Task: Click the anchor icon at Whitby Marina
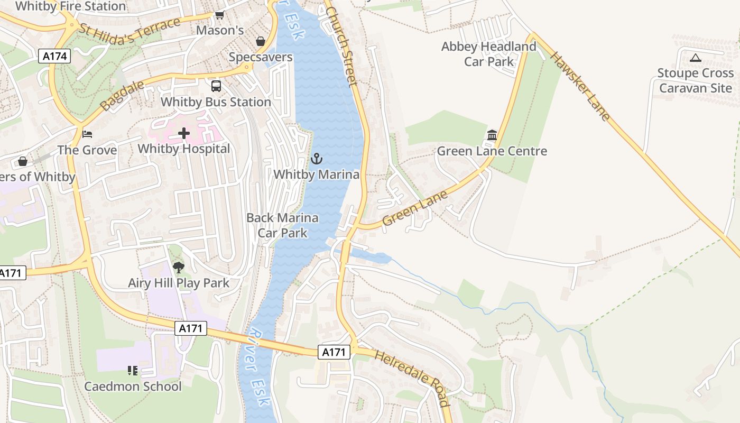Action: tap(316, 158)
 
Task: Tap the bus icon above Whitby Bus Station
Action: tap(216, 86)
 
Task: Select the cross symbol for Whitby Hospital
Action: tap(183, 133)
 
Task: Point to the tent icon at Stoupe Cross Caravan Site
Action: tap(695, 58)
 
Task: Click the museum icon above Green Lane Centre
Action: tap(492, 135)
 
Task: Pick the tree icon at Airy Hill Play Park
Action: tap(179, 267)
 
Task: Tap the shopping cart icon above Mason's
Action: tap(219, 15)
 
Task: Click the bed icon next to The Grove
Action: tap(87, 134)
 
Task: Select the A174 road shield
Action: tap(54, 56)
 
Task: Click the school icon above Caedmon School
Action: tap(133, 371)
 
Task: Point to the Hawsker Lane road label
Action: tap(580, 86)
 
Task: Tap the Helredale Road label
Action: tap(413, 378)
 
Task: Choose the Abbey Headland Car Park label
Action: tap(488, 54)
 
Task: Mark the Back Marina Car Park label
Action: tap(282, 225)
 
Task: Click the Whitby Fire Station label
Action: tap(70, 6)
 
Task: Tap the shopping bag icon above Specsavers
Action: tap(261, 41)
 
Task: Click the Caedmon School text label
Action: tap(133, 387)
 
